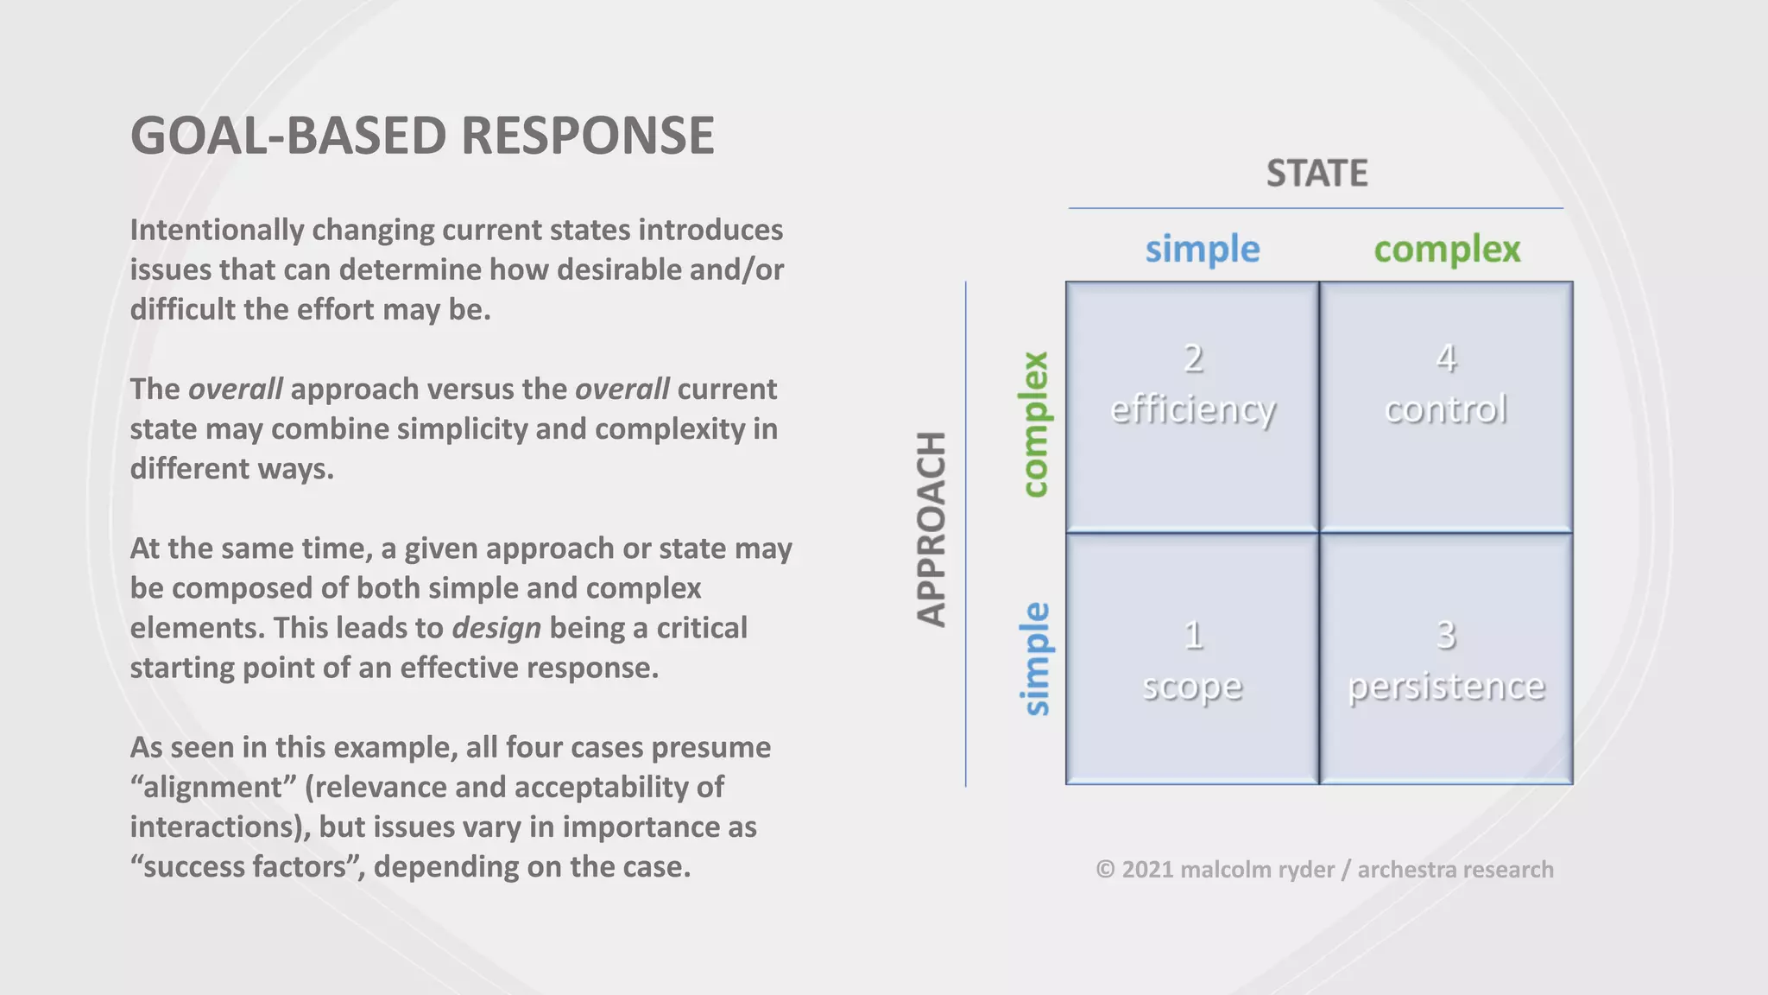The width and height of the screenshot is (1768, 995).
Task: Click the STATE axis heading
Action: coord(1317,174)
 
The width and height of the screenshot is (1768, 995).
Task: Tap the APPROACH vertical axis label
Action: coord(931,529)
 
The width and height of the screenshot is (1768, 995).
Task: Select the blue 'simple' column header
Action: coord(1203,250)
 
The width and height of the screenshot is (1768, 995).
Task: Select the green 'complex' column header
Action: coord(1447,250)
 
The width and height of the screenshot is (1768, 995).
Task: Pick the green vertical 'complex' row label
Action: coord(1034,424)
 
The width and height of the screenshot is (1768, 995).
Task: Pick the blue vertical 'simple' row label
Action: coord(1034,659)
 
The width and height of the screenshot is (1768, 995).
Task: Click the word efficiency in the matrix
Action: coord(1192,409)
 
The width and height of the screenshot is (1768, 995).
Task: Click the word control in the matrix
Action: coord(1446,409)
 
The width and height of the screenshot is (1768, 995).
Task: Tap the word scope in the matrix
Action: coord(1192,687)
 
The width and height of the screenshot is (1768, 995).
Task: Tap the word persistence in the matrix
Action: coord(1446,687)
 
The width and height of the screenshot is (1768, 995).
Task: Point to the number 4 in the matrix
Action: coord(1446,358)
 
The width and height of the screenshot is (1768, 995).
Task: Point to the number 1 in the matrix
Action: coord(1193,636)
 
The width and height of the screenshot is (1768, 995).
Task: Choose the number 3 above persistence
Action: coord(1446,636)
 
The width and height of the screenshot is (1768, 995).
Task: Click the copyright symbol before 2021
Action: coord(1105,870)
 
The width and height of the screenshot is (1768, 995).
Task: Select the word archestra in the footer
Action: coord(1403,870)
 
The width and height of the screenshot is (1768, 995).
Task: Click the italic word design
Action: coord(496,628)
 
